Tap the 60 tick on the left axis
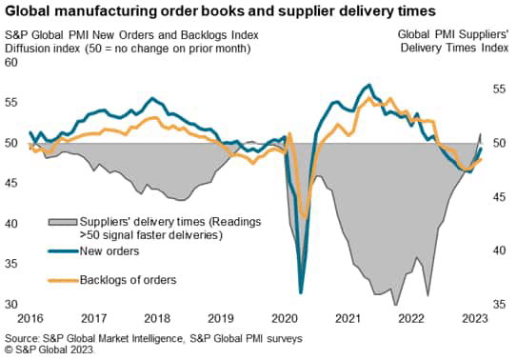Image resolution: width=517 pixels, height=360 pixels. pyautogui.click(x=11, y=62)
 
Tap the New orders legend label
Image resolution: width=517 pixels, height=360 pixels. pyautogui.click(x=106, y=251)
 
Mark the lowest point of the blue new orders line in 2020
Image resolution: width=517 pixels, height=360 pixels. pyautogui.click(x=301, y=292)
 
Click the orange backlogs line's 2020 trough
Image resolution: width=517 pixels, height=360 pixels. pyautogui.click(x=305, y=218)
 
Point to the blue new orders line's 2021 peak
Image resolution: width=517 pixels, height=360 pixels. pyautogui.click(x=368, y=85)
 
